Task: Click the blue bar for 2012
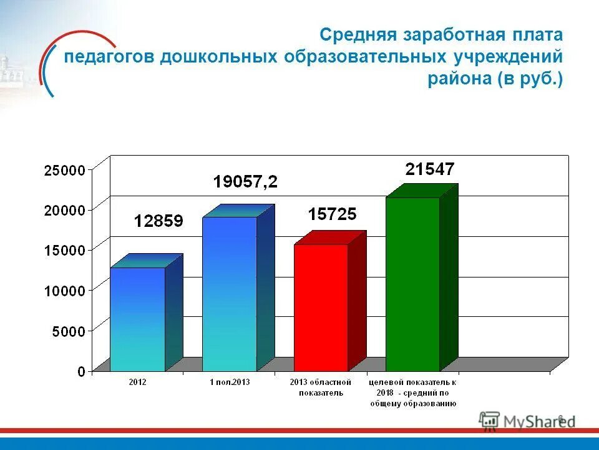point(138,319)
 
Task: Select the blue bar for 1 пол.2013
point(230,294)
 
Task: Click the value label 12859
point(158,221)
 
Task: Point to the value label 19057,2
point(245,182)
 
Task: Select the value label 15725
point(332,214)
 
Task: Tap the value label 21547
point(430,169)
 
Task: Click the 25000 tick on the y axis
point(64,170)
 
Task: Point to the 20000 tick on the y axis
point(64,210)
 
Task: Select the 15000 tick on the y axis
point(64,250)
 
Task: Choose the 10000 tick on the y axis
point(64,291)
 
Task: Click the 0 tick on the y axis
point(81,371)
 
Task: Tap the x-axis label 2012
point(137,382)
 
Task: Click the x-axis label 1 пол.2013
point(229,382)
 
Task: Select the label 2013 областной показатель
point(321,387)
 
